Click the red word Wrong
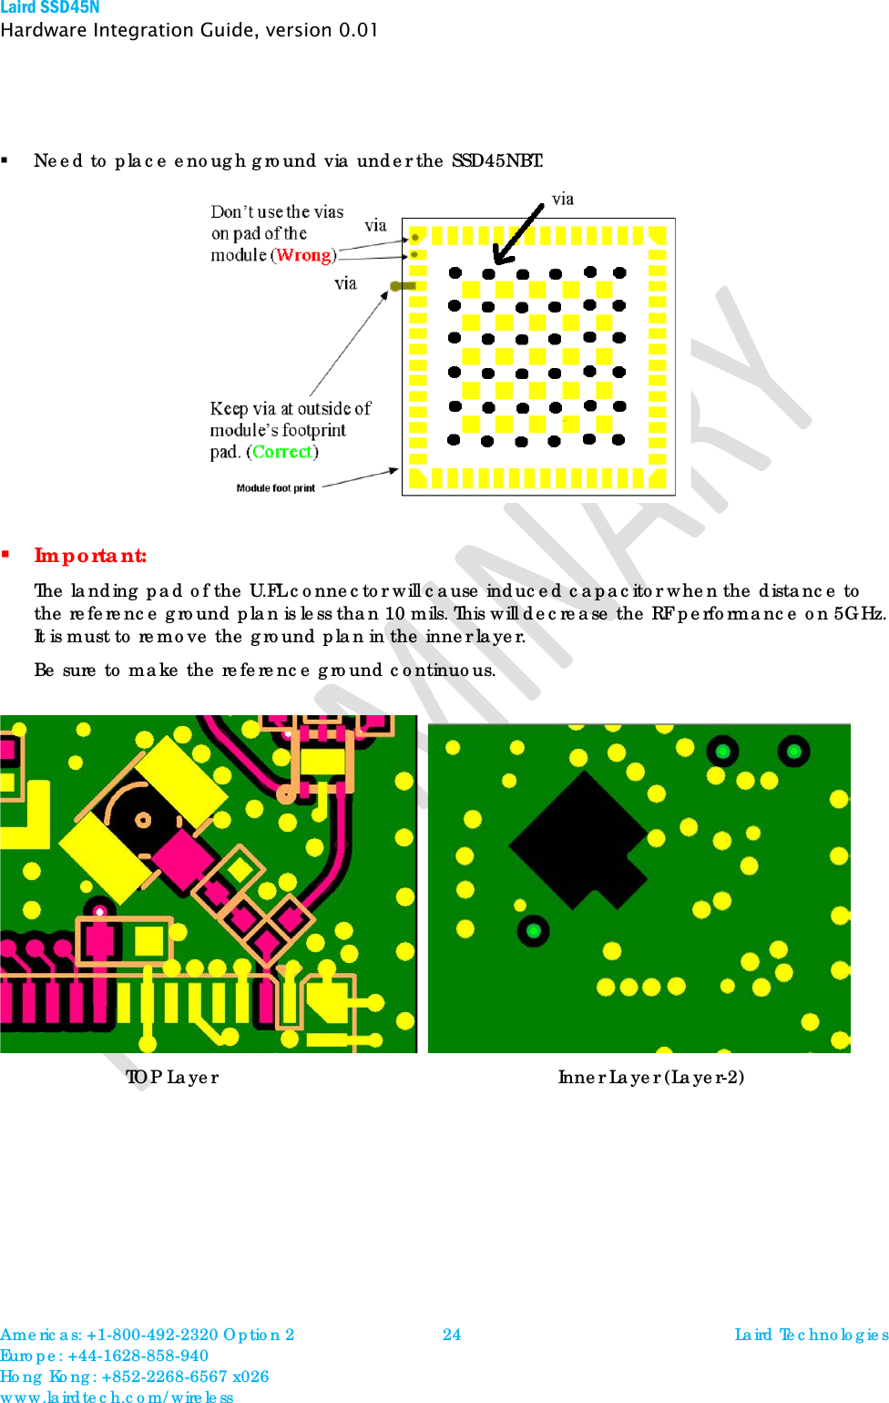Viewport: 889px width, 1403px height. pyautogui.click(x=305, y=255)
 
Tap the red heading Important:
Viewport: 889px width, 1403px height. pyautogui.click(x=90, y=556)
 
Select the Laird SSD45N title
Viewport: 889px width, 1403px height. pyautogui.click(x=50, y=8)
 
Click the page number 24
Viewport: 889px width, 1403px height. pyautogui.click(x=452, y=1335)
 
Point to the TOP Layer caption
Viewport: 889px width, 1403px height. pyautogui.click(x=172, y=1077)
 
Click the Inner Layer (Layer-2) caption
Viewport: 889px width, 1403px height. pyautogui.click(x=650, y=1077)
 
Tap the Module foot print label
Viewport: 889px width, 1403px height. pyautogui.click(x=275, y=488)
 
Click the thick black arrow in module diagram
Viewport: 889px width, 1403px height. pyautogui.click(x=516, y=233)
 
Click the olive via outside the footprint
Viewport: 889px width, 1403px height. pyautogui.click(x=402, y=286)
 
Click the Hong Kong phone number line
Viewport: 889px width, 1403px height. pyautogui.click(x=134, y=1377)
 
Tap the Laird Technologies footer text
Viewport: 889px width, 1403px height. pyautogui.click(x=811, y=1335)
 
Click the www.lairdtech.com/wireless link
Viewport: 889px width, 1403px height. pyautogui.click(x=117, y=1397)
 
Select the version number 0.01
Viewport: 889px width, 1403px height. pyautogui.click(x=358, y=30)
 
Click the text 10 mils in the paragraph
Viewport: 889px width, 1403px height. pyautogui.click(x=407, y=613)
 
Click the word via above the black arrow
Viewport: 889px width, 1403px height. pyautogui.click(x=563, y=200)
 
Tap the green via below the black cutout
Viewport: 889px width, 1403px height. pyautogui.click(x=534, y=930)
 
